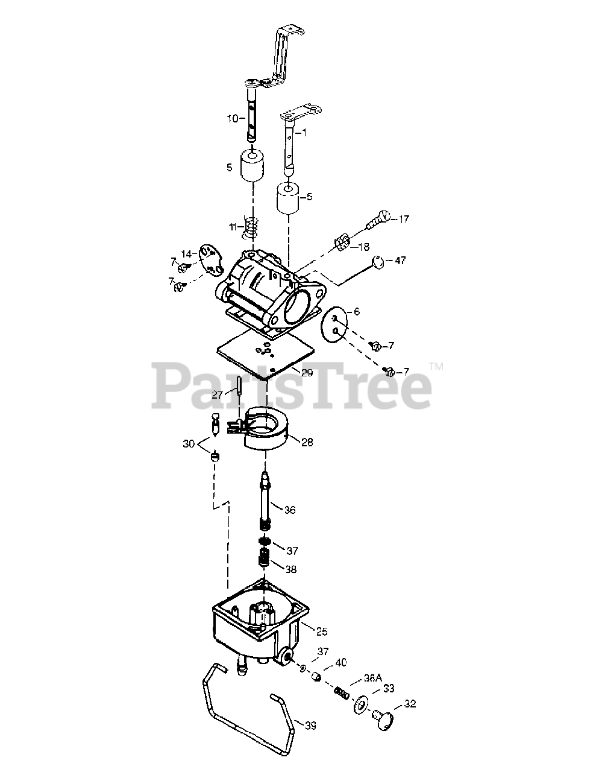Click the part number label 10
(232, 118)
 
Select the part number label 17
(403, 219)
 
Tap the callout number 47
(400, 261)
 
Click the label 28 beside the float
(307, 442)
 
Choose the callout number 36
(289, 510)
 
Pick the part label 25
(321, 631)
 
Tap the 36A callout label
(373, 678)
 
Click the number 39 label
(310, 726)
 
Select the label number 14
(186, 254)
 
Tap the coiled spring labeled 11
(251, 227)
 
